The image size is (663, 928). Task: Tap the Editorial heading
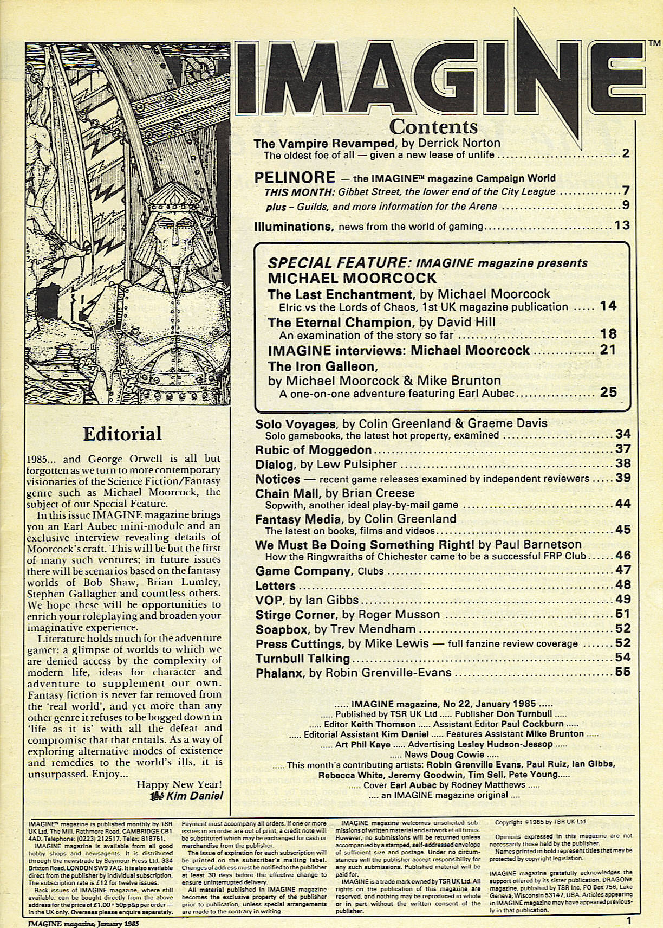pyautogui.click(x=122, y=433)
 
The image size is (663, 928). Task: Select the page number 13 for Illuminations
pyautogui.click(x=622, y=225)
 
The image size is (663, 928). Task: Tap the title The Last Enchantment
pyautogui.click(x=340, y=294)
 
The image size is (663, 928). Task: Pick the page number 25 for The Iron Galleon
pyautogui.click(x=608, y=392)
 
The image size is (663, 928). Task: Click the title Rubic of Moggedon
pyautogui.click(x=313, y=450)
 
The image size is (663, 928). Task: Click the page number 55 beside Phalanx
pyautogui.click(x=623, y=673)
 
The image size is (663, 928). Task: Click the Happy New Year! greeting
pyautogui.click(x=179, y=784)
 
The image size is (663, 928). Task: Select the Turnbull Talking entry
pyautogui.click(x=302, y=659)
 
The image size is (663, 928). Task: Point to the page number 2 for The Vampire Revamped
pyautogui.click(x=625, y=154)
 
